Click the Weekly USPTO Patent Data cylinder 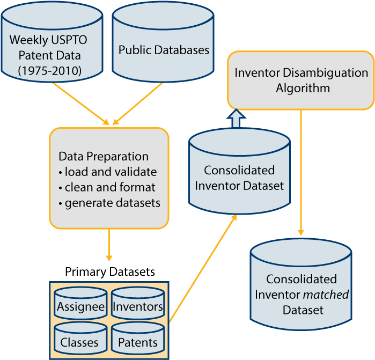[x=52, y=42]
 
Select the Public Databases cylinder [x=163, y=42]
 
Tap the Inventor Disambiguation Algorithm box [x=301, y=80]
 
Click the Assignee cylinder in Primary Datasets [x=80, y=303]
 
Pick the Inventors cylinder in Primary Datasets [x=138, y=303]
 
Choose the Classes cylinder [x=80, y=338]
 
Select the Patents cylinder [x=138, y=338]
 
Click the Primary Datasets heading [x=110, y=272]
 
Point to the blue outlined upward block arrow [x=236, y=119]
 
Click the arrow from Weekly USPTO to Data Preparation [x=81, y=104]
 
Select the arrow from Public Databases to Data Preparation [x=137, y=104]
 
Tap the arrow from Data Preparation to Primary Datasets [x=109, y=245]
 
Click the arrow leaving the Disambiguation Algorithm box [x=301, y=172]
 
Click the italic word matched [x=326, y=295]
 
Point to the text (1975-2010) [x=50, y=71]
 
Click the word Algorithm [x=303, y=89]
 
